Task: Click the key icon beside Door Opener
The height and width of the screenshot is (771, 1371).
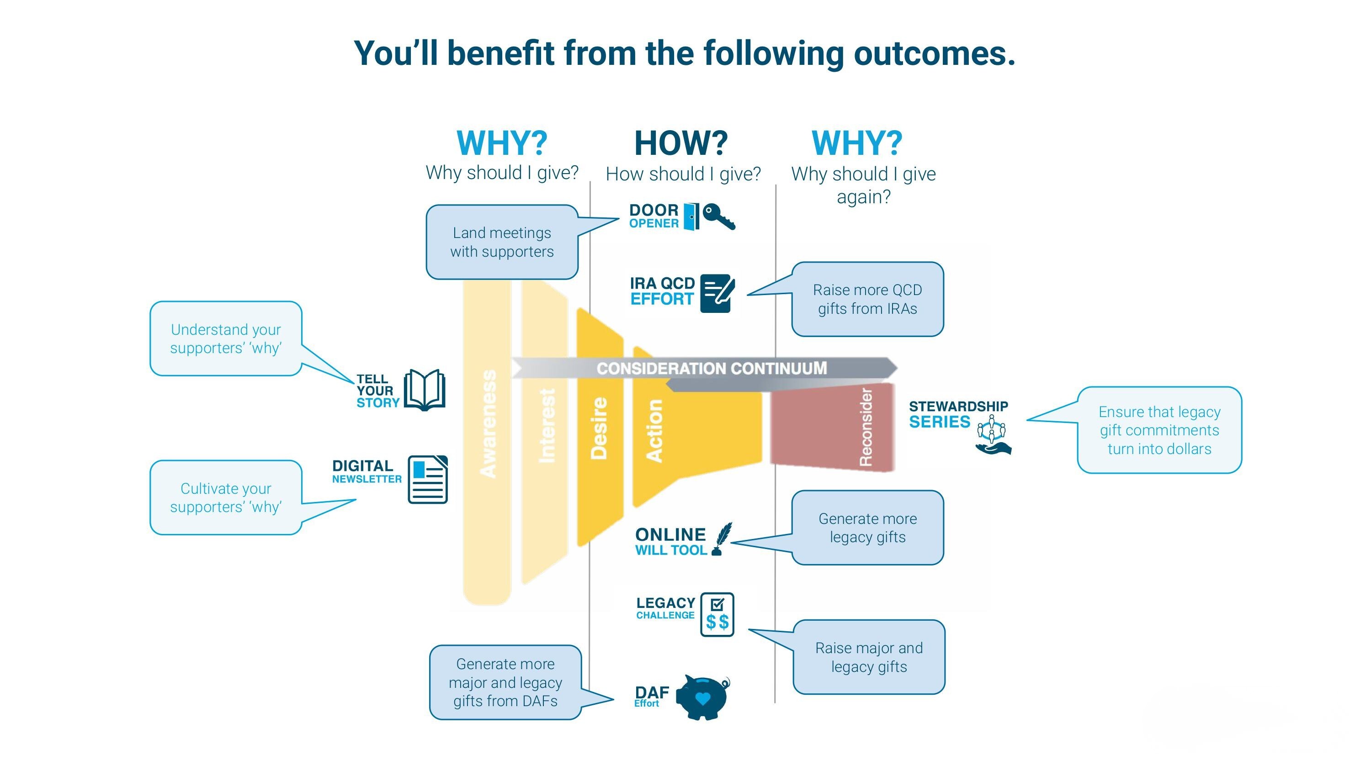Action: (x=719, y=216)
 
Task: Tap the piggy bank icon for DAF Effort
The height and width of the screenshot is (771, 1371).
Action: (x=702, y=697)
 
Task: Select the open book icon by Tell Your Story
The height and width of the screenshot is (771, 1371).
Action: (x=424, y=390)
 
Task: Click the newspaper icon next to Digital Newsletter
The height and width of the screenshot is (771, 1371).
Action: (x=427, y=480)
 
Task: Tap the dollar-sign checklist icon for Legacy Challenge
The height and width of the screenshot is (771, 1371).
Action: (x=717, y=615)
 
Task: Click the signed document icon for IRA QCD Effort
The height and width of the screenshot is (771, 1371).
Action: (x=717, y=293)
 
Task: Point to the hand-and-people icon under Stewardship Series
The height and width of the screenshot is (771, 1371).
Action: (x=993, y=436)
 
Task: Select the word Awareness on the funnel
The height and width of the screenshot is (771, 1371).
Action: (x=488, y=423)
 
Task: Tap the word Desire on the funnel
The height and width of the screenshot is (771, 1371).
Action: (x=599, y=428)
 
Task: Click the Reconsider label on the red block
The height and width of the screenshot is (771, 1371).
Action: (x=866, y=427)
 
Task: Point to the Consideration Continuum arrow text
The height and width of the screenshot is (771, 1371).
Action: (x=712, y=368)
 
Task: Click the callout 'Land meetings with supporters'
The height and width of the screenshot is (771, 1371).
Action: (x=501, y=242)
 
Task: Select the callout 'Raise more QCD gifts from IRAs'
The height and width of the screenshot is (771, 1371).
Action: (x=867, y=299)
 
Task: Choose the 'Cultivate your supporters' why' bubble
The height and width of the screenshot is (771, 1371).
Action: (x=226, y=497)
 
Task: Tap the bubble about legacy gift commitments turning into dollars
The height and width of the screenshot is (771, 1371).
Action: (x=1159, y=430)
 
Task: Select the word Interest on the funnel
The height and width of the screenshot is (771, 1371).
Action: (x=547, y=426)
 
